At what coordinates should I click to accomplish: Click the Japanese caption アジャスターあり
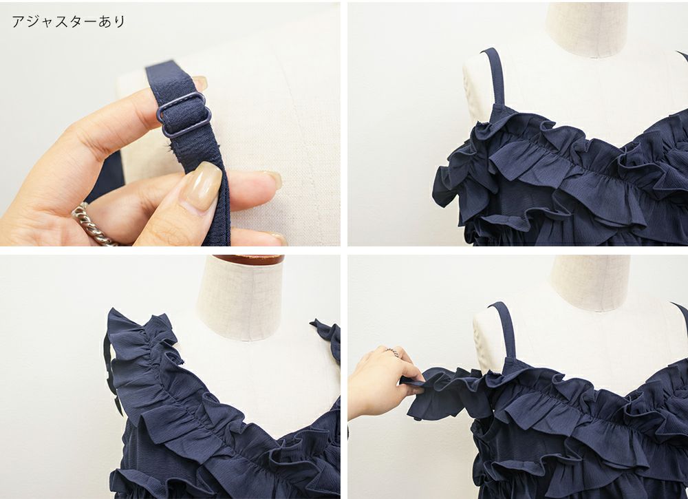68,21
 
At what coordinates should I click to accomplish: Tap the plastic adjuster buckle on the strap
184,115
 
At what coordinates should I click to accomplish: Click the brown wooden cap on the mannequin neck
248,259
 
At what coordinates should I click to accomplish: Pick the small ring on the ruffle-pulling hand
393,352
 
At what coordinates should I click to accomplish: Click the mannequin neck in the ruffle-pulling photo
590,282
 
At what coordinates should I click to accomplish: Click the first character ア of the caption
18,21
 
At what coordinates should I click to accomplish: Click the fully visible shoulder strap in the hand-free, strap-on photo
495,77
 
